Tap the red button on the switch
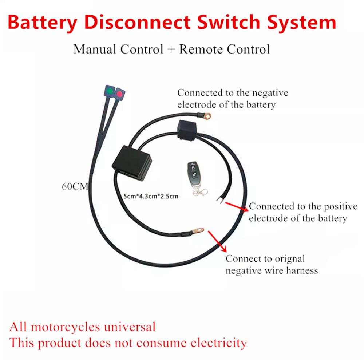(x=119, y=94)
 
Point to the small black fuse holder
(x=187, y=130)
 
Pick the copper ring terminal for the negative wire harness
(x=198, y=230)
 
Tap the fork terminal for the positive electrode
(x=220, y=199)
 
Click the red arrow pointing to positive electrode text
(x=236, y=206)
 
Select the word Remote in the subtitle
(x=202, y=49)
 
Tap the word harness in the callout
(x=301, y=271)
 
